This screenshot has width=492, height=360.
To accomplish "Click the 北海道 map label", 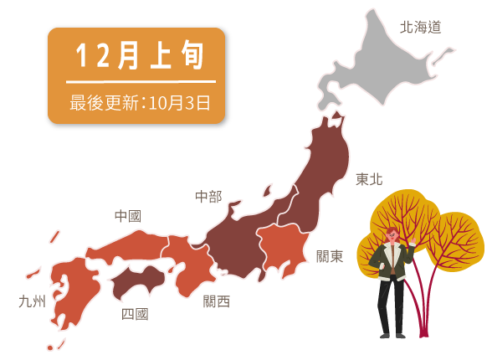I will tap(420, 27).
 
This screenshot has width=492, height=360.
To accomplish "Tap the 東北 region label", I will tap(369, 179).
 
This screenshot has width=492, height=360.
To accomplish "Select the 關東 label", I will tap(330, 256).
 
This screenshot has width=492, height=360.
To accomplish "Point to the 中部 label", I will tap(208, 197).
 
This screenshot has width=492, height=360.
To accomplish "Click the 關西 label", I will tap(217, 301).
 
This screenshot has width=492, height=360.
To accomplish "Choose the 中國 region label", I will tap(128, 216).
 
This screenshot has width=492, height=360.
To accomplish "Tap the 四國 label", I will tap(135, 314).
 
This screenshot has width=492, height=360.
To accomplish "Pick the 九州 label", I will tap(33, 301).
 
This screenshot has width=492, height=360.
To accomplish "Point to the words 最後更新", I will tap(104, 103).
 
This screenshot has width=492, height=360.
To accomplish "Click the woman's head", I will tap(391, 235).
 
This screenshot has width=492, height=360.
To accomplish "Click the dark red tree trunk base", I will tap(423, 329).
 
